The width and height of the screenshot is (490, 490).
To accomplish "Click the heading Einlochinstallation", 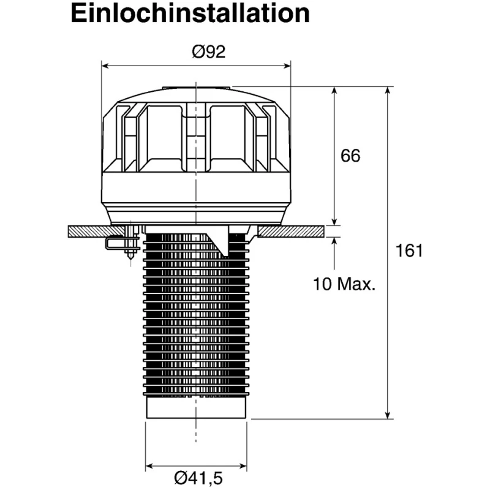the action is pyautogui.click(x=190, y=13).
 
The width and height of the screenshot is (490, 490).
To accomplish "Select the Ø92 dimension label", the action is pyautogui.click(x=208, y=51).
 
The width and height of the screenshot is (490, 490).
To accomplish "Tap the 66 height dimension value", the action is pyautogui.click(x=350, y=156).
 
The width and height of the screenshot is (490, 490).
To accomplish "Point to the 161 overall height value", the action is pyautogui.click(x=409, y=251).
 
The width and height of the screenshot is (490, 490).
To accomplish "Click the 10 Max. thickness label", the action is pyautogui.click(x=344, y=284).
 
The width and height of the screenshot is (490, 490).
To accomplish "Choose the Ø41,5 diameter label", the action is pyautogui.click(x=198, y=478).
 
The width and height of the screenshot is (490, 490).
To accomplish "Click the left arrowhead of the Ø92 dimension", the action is pyautogui.click(x=105, y=66).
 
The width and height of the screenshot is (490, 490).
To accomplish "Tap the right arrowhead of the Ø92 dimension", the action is pyautogui.click(x=287, y=66).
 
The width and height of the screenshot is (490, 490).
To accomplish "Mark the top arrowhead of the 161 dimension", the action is pyautogui.click(x=388, y=90).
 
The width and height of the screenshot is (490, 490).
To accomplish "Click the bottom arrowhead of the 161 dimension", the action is pyautogui.click(x=388, y=415).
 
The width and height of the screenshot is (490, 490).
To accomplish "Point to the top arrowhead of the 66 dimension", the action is pyautogui.click(x=334, y=91).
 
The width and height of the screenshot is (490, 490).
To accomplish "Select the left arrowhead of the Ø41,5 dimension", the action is pyautogui.click(x=149, y=467).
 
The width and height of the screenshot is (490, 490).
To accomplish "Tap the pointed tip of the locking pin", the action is pyautogui.click(x=130, y=259).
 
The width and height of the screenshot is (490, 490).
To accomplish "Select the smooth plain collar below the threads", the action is pyautogui.click(x=196, y=407).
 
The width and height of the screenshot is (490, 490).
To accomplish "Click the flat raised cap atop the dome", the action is pyautogui.click(x=196, y=88).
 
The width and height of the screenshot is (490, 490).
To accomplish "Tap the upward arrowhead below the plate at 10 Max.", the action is pyautogui.click(x=334, y=241).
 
